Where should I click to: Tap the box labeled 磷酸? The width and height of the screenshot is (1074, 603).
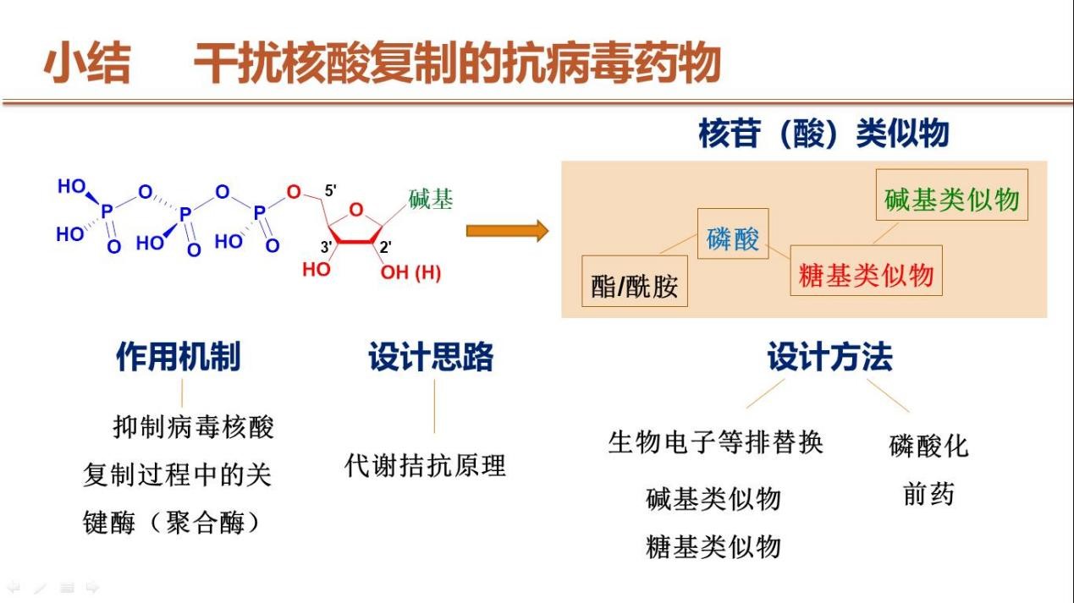733,239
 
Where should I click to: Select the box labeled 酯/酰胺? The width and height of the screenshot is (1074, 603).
635,287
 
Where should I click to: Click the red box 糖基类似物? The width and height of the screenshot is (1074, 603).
865,274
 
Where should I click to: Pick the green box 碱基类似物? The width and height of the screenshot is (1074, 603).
951,200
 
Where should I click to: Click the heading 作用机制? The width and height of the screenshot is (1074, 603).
179,357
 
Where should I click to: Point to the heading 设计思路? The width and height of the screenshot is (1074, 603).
431,357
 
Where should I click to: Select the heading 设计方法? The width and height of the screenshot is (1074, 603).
829,357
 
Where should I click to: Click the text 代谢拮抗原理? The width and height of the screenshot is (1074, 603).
426,465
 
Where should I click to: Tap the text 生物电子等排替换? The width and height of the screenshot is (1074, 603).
715,442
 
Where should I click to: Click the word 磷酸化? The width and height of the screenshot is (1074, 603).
928,446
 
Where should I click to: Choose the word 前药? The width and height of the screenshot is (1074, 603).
928,495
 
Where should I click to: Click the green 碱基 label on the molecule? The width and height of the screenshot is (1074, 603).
431,200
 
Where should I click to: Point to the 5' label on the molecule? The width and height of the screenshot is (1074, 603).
331,189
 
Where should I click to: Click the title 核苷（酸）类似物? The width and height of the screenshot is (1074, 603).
823,134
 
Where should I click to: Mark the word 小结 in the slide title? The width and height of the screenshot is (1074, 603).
87,64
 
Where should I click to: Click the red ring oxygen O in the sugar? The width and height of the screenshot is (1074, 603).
355,210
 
